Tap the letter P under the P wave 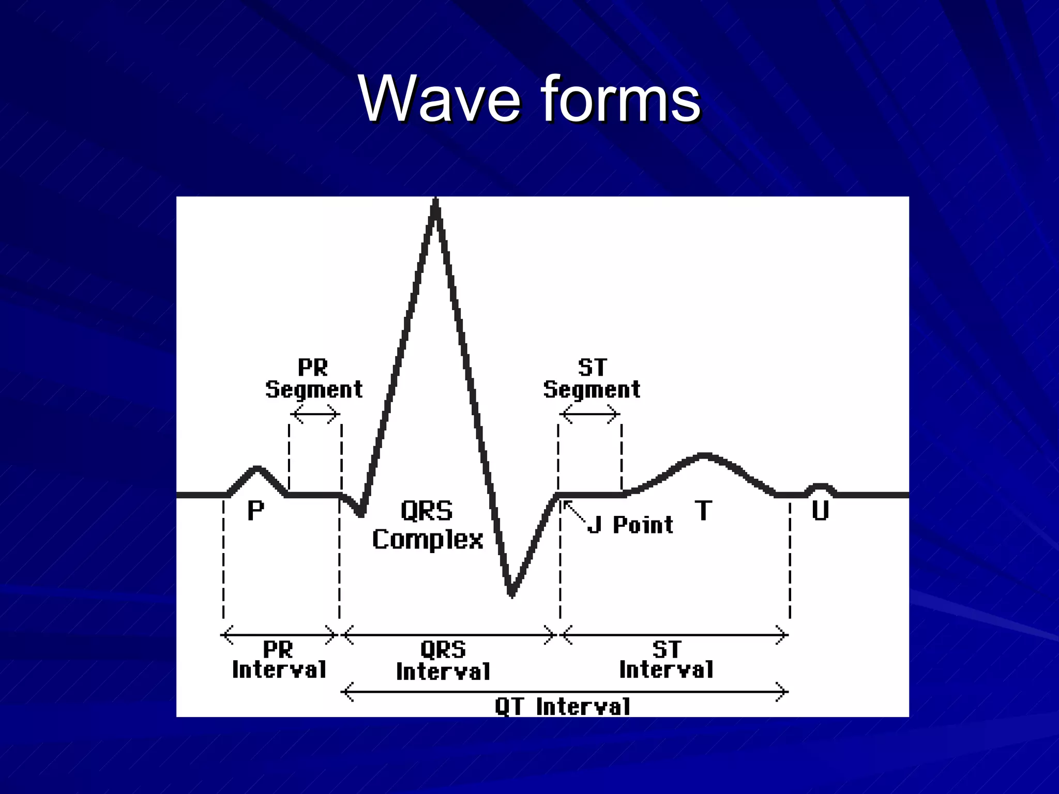pyautogui.click(x=255, y=511)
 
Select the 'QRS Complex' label pyautogui.click(x=428, y=525)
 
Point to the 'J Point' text pyautogui.click(x=631, y=525)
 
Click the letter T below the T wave pyautogui.click(x=703, y=511)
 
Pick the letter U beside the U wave pyautogui.click(x=820, y=511)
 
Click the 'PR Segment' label pyautogui.click(x=314, y=379)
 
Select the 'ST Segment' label pyautogui.click(x=592, y=379)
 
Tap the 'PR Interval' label pyautogui.click(x=279, y=660)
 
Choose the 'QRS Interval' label pyautogui.click(x=443, y=661)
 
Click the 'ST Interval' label pyautogui.click(x=667, y=660)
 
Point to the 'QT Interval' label pyautogui.click(x=563, y=707)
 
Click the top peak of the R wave pyautogui.click(x=436, y=203)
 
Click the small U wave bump pyautogui.click(x=821, y=487)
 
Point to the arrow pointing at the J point pyautogui.click(x=574, y=512)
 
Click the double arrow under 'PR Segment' pyautogui.click(x=315, y=414)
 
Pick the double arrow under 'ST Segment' pyautogui.click(x=589, y=414)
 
